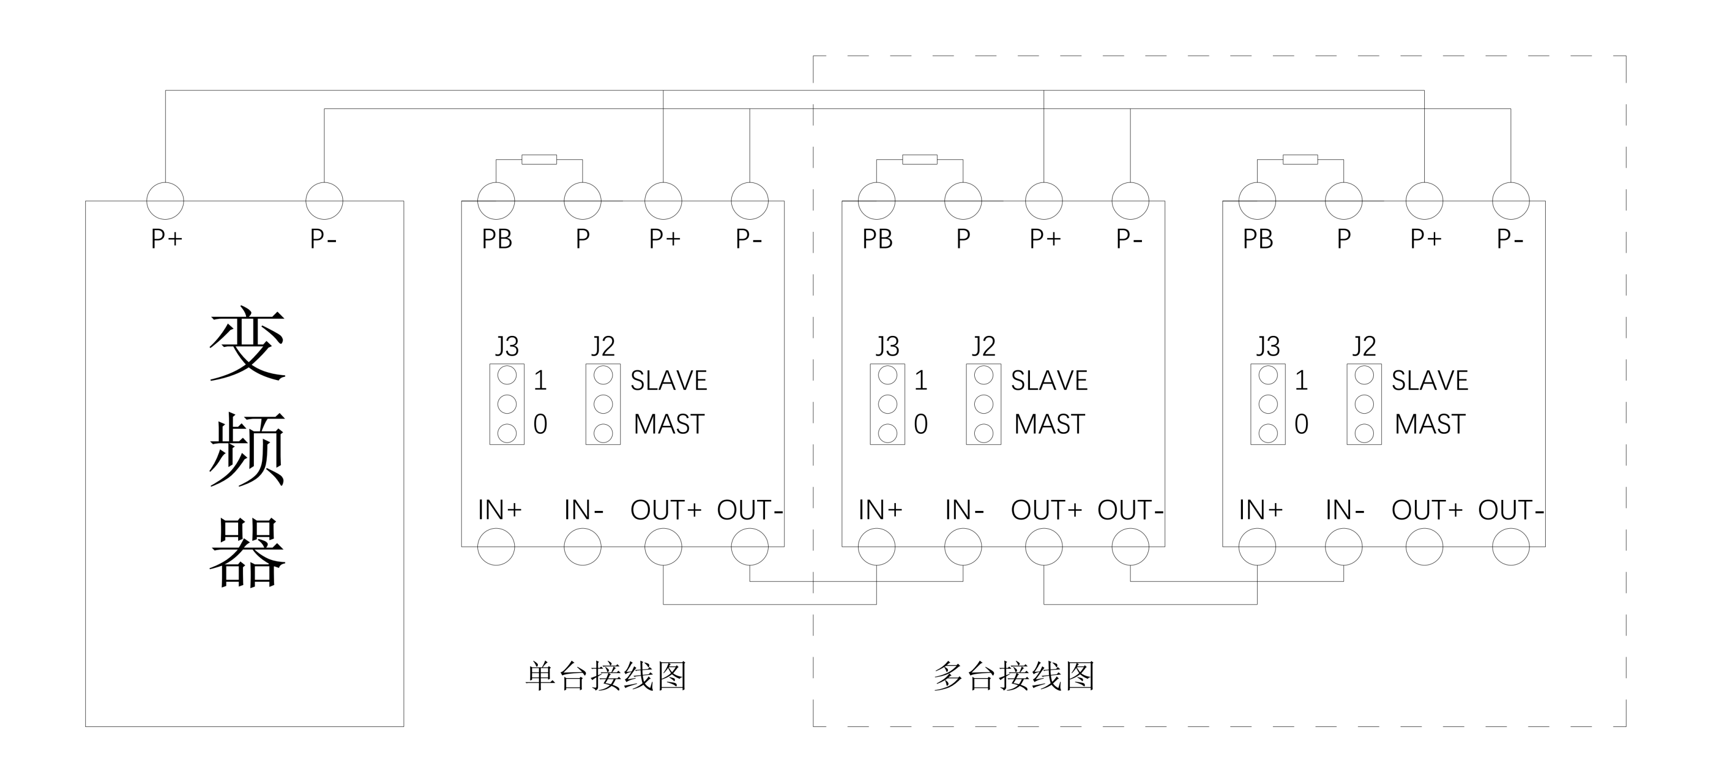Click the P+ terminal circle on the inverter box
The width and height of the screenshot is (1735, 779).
coord(165,201)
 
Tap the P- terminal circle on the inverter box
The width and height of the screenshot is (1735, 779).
coord(324,201)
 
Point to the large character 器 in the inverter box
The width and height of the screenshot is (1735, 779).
coord(247,553)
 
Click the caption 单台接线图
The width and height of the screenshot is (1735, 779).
coord(606,676)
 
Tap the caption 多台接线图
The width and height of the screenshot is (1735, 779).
coord(1014,676)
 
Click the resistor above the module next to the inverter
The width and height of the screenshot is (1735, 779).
coord(539,160)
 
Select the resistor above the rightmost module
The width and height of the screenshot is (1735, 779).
coord(1300,160)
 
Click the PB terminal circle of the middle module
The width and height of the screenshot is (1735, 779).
coord(876,201)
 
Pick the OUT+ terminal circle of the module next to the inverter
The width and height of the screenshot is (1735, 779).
coord(664,547)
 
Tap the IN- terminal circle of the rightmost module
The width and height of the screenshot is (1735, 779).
coord(1344,547)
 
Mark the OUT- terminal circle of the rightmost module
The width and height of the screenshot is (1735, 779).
coord(1511,547)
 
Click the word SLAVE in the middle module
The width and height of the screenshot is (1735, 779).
coord(1049,381)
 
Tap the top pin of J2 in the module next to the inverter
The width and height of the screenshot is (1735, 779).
coord(603,375)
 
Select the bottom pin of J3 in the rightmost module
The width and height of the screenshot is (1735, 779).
coord(1268,433)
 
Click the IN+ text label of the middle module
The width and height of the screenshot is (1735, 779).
coord(880,510)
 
